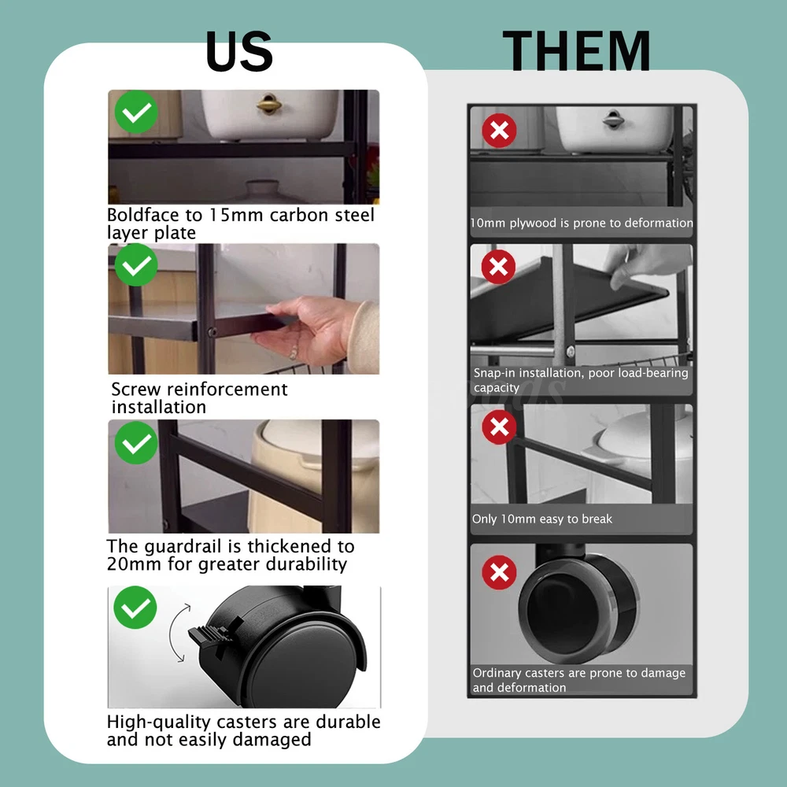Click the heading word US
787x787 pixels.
[x=239, y=51]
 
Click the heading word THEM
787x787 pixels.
[x=576, y=50]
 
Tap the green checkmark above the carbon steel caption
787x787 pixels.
[x=136, y=112]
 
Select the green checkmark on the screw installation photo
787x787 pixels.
[x=136, y=265]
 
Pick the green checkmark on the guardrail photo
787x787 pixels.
[x=136, y=442]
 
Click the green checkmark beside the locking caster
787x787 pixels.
[x=135, y=608]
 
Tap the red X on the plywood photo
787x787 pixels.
[x=500, y=131]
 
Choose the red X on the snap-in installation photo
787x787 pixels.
[x=498, y=267]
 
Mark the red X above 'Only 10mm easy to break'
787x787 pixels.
[x=499, y=427]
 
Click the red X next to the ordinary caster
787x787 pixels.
[x=499, y=572]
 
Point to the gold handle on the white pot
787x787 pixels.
[x=269, y=104]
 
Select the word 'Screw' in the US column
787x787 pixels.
[x=136, y=389]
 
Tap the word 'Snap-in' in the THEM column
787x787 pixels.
[x=494, y=373]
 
